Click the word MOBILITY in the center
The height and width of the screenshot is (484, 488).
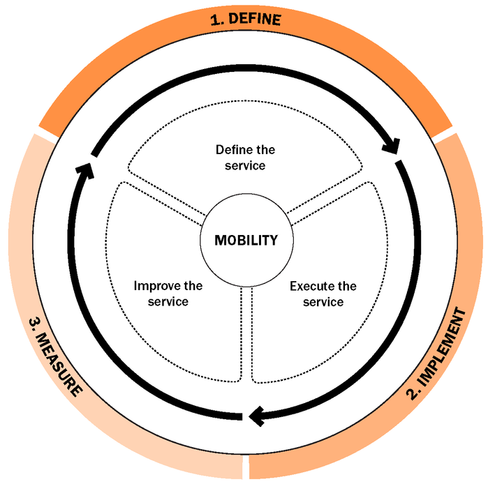(x=246, y=241)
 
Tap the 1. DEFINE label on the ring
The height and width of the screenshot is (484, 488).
(x=245, y=20)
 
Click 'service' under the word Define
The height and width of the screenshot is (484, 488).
(x=245, y=166)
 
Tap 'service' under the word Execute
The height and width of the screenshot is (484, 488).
(x=323, y=303)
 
